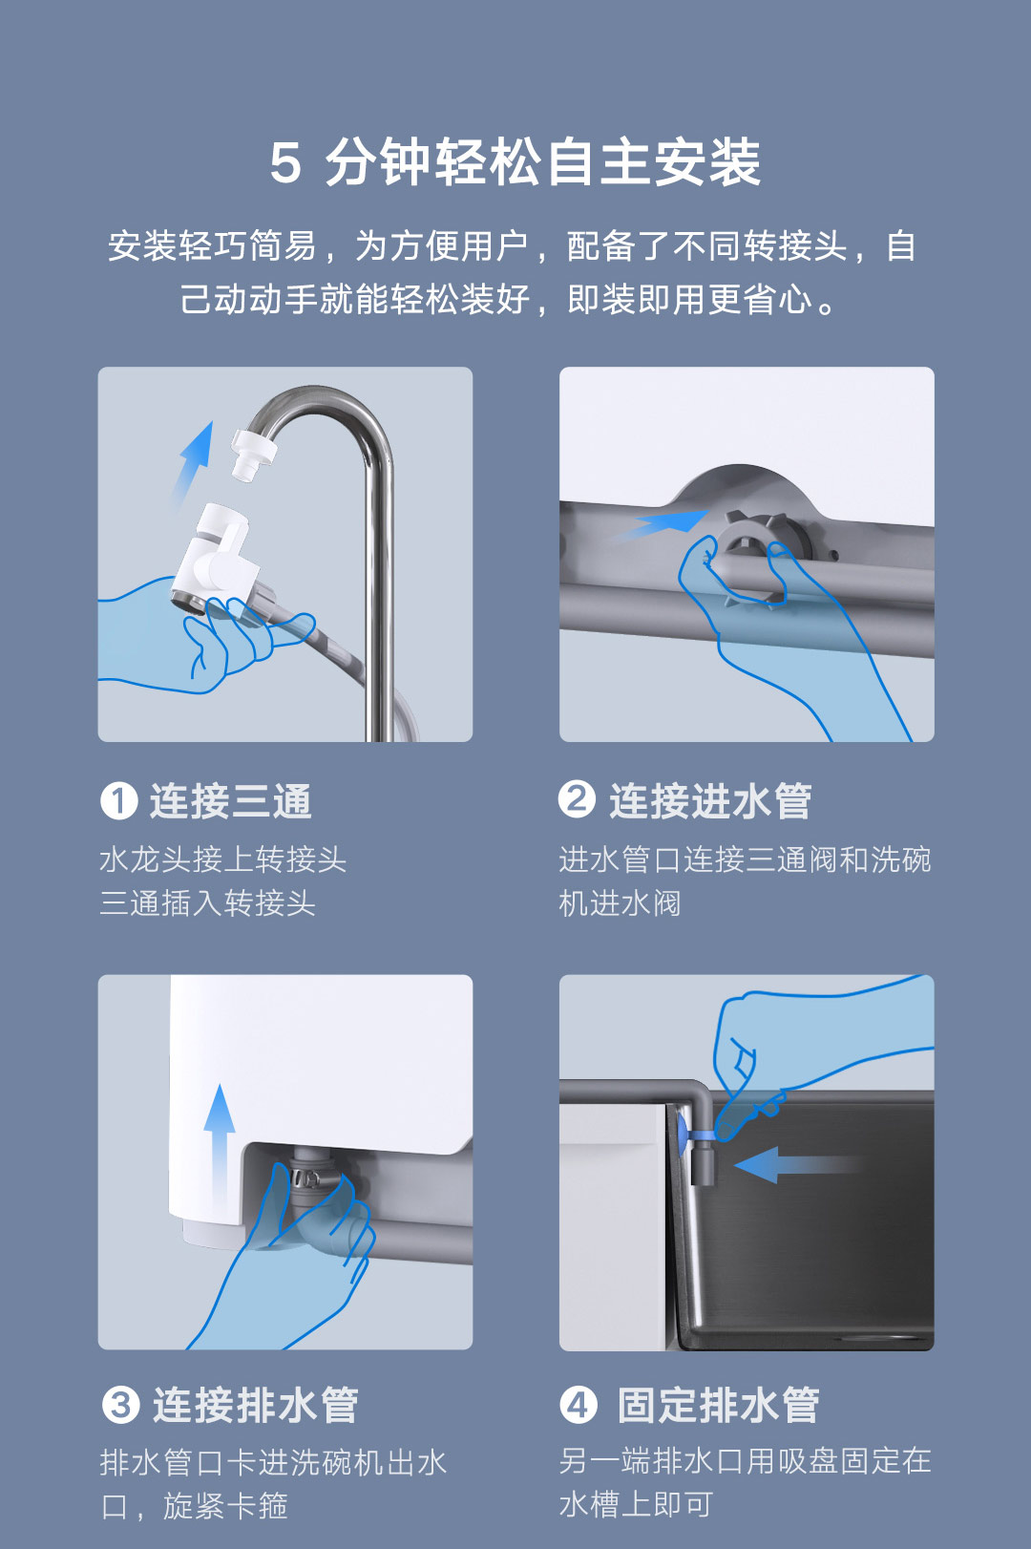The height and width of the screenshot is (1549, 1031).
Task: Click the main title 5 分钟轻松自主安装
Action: pos(515,162)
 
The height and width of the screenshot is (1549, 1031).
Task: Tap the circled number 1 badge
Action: pos(119,801)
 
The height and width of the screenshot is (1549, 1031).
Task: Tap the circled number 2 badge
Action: pos(577,799)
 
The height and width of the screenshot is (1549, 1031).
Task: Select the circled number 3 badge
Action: pos(120,1405)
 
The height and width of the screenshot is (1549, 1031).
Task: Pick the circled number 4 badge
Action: pos(579,1405)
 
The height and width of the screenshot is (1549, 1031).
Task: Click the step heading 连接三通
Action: pos(231,801)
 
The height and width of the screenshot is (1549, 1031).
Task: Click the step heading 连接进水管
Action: pos(710,801)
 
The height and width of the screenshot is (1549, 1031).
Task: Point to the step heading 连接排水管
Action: pos(256,1405)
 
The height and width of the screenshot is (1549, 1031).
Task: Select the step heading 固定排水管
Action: pos(718,1405)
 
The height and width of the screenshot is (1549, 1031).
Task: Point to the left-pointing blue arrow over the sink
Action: pos(795,1165)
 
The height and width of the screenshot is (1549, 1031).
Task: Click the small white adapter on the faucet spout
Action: pos(252,454)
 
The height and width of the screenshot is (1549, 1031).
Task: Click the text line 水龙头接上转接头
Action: pos(223,859)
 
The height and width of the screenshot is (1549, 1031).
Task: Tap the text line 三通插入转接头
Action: pos(207,903)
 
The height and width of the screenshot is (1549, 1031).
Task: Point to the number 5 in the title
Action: pos(285,164)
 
